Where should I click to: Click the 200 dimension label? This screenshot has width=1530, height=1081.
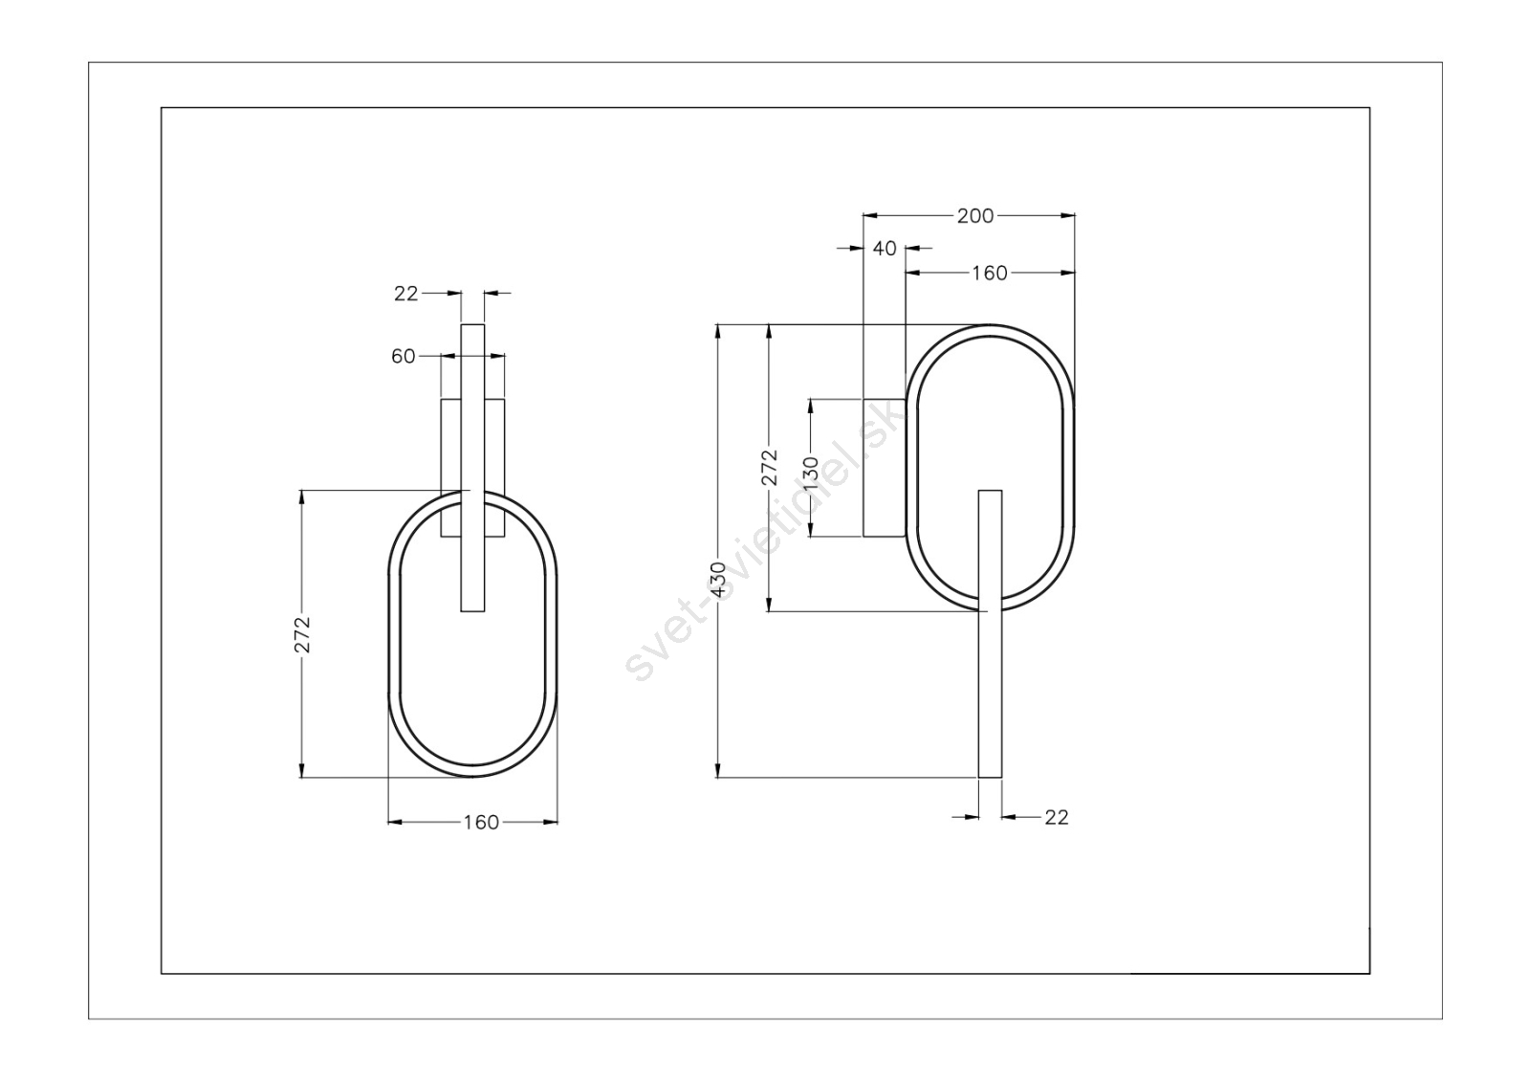(974, 216)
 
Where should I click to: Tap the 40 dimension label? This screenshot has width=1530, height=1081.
(885, 249)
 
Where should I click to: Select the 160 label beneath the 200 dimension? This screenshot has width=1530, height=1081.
(990, 274)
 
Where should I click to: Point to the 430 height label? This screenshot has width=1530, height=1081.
(718, 579)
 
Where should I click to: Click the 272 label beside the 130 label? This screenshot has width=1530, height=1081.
(770, 467)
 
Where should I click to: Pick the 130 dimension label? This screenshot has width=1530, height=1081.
(811, 474)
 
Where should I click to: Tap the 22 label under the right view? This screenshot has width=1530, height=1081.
(1057, 817)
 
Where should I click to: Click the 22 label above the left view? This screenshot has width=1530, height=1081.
(405, 294)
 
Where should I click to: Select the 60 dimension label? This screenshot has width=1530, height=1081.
(403, 357)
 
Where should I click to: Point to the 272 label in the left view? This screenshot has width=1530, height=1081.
(302, 634)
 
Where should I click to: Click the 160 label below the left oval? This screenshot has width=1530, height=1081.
(482, 823)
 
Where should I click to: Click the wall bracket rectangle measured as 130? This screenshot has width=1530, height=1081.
(885, 468)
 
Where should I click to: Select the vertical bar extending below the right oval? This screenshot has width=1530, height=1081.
(991, 633)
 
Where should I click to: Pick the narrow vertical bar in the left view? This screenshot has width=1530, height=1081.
(472, 468)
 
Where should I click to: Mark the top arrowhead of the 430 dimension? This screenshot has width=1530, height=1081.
(718, 331)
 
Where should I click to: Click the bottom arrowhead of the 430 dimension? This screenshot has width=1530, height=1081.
(718, 770)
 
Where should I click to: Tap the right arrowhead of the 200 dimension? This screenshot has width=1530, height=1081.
(1067, 216)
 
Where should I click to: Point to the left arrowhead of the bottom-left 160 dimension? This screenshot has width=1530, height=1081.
(396, 823)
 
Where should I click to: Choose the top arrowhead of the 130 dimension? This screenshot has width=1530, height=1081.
(811, 406)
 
